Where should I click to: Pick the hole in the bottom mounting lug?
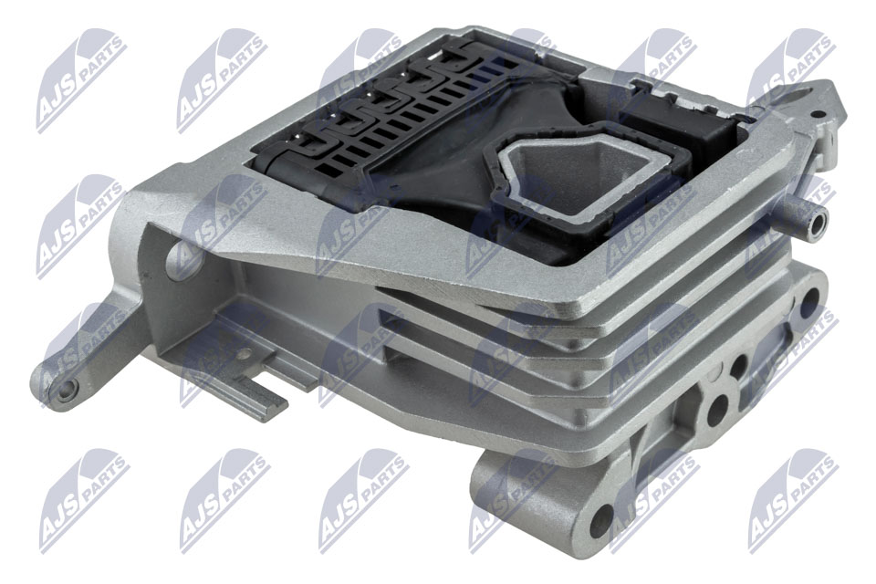tap(600, 518)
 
